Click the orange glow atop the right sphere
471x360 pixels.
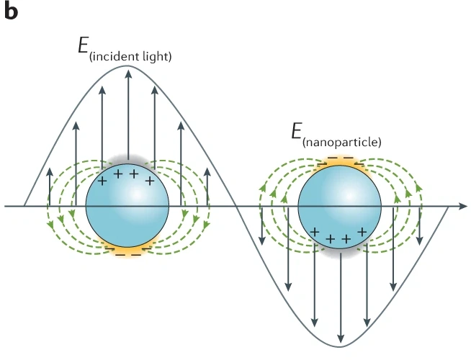pos(339,161)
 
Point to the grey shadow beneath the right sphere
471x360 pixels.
pos(338,251)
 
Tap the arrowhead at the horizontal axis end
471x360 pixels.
pos(465,207)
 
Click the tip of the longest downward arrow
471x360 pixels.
pos(341,341)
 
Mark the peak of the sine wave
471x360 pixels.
pos(128,66)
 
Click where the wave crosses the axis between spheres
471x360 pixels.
pos(235,207)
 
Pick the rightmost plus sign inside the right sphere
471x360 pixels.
pos(362,231)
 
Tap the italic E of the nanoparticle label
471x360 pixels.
pos(295,132)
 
